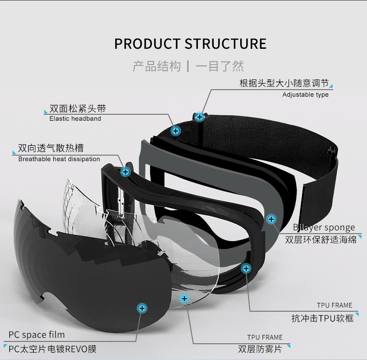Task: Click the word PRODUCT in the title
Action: (147, 44)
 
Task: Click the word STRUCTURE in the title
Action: (226, 44)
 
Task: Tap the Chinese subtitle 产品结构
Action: (157, 66)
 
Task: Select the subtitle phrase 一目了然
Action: (220, 66)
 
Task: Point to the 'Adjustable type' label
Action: (305, 95)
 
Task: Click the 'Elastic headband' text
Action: (75, 118)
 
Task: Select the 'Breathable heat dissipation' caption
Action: (59, 159)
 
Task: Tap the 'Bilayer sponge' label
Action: (324, 228)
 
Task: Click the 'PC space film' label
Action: (37, 335)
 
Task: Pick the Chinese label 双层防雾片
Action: (260, 349)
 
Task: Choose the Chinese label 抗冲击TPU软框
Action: (322, 318)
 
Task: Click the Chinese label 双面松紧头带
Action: (78, 109)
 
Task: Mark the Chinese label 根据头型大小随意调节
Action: (284, 84)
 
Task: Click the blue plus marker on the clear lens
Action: (184, 299)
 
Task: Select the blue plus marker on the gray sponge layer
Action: (271, 219)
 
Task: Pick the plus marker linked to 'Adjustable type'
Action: (200, 117)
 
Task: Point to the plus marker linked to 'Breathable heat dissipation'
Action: (125, 172)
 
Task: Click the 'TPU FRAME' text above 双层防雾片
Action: (265, 338)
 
